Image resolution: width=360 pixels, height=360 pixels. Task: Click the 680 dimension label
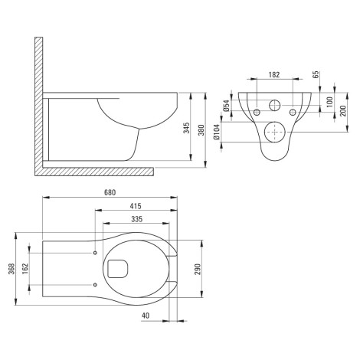pyautogui.click(x=110, y=192)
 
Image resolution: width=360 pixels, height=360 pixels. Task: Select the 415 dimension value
pyautogui.click(x=136, y=206)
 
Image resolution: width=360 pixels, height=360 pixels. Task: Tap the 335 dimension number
pyautogui.click(x=137, y=219)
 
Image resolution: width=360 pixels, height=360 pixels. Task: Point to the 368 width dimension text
pyautogui.click(x=11, y=269)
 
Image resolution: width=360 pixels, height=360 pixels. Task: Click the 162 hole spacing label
pyautogui.click(x=25, y=269)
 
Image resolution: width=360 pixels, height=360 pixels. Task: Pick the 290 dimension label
pyautogui.click(x=198, y=269)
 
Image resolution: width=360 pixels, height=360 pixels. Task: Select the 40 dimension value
pyautogui.click(x=146, y=316)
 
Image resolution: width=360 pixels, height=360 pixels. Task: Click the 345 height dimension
pyautogui.click(x=187, y=128)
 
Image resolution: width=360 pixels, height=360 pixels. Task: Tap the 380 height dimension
pyautogui.click(x=201, y=130)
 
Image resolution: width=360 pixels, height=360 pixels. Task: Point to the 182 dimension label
pyautogui.click(x=274, y=75)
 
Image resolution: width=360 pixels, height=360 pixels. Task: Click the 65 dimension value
pyautogui.click(x=316, y=74)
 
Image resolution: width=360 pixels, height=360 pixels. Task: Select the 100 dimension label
pyautogui.click(x=330, y=102)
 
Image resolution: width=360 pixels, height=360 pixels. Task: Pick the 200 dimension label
pyautogui.click(x=343, y=111)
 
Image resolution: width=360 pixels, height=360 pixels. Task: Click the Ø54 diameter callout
pyautogui.click(x=226, y=106)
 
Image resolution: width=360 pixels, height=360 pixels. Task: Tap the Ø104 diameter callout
pyautogui.click(x=216, y=132)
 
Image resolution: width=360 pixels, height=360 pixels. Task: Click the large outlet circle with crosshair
pyautogui.click(x=274, y=132)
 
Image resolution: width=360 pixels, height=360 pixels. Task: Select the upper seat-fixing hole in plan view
pyautogui.click(x=95, y=253)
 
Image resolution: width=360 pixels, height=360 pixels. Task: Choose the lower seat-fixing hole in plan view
pyautogui.click(x=95, y=284)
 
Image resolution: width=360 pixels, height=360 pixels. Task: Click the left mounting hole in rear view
pyautogui.click(x=257, y=112)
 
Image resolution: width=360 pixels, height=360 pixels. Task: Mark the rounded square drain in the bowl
pyautogui.click(x=118, y=269)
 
